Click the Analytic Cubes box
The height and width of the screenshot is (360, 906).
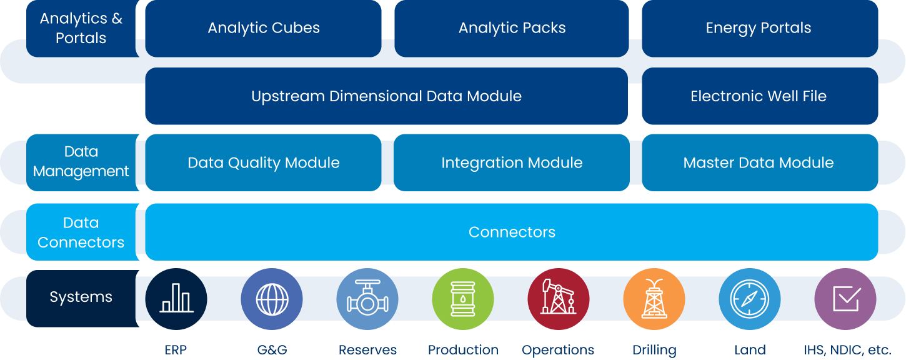(x=263, y=28)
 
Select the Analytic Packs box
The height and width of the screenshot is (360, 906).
(x=512, y=28)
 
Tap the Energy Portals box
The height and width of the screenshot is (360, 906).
(x=759, y=28)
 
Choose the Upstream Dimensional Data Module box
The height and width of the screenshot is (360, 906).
(x=386, y=96)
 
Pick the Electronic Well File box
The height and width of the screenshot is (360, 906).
(x=759, y=96)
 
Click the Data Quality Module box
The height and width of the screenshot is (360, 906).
(x=263, y=162)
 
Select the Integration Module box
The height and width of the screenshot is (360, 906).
(x=512, y=162)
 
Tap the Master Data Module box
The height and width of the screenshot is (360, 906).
(x=759, y=162)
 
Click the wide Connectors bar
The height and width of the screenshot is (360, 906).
(x=512, y=232)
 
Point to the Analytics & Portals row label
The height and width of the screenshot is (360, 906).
(x=81, y=28)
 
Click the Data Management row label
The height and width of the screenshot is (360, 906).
(x=81, y=162)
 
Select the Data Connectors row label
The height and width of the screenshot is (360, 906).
(x=81, y=232)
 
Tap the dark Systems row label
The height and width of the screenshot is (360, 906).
(x=81, y=297)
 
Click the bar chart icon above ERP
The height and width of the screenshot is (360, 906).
(x=176, y=299)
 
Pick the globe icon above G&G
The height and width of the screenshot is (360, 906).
(x=272, y=299)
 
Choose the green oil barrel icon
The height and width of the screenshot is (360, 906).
(x=463, y=299)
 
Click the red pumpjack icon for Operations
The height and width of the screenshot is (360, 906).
(x=559, y=299)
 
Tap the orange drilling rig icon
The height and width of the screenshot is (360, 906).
(x=654, y=299)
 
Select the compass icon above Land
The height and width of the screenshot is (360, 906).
(x=750, y=299)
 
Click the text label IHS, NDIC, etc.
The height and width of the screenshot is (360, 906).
(x=847, y=350)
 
